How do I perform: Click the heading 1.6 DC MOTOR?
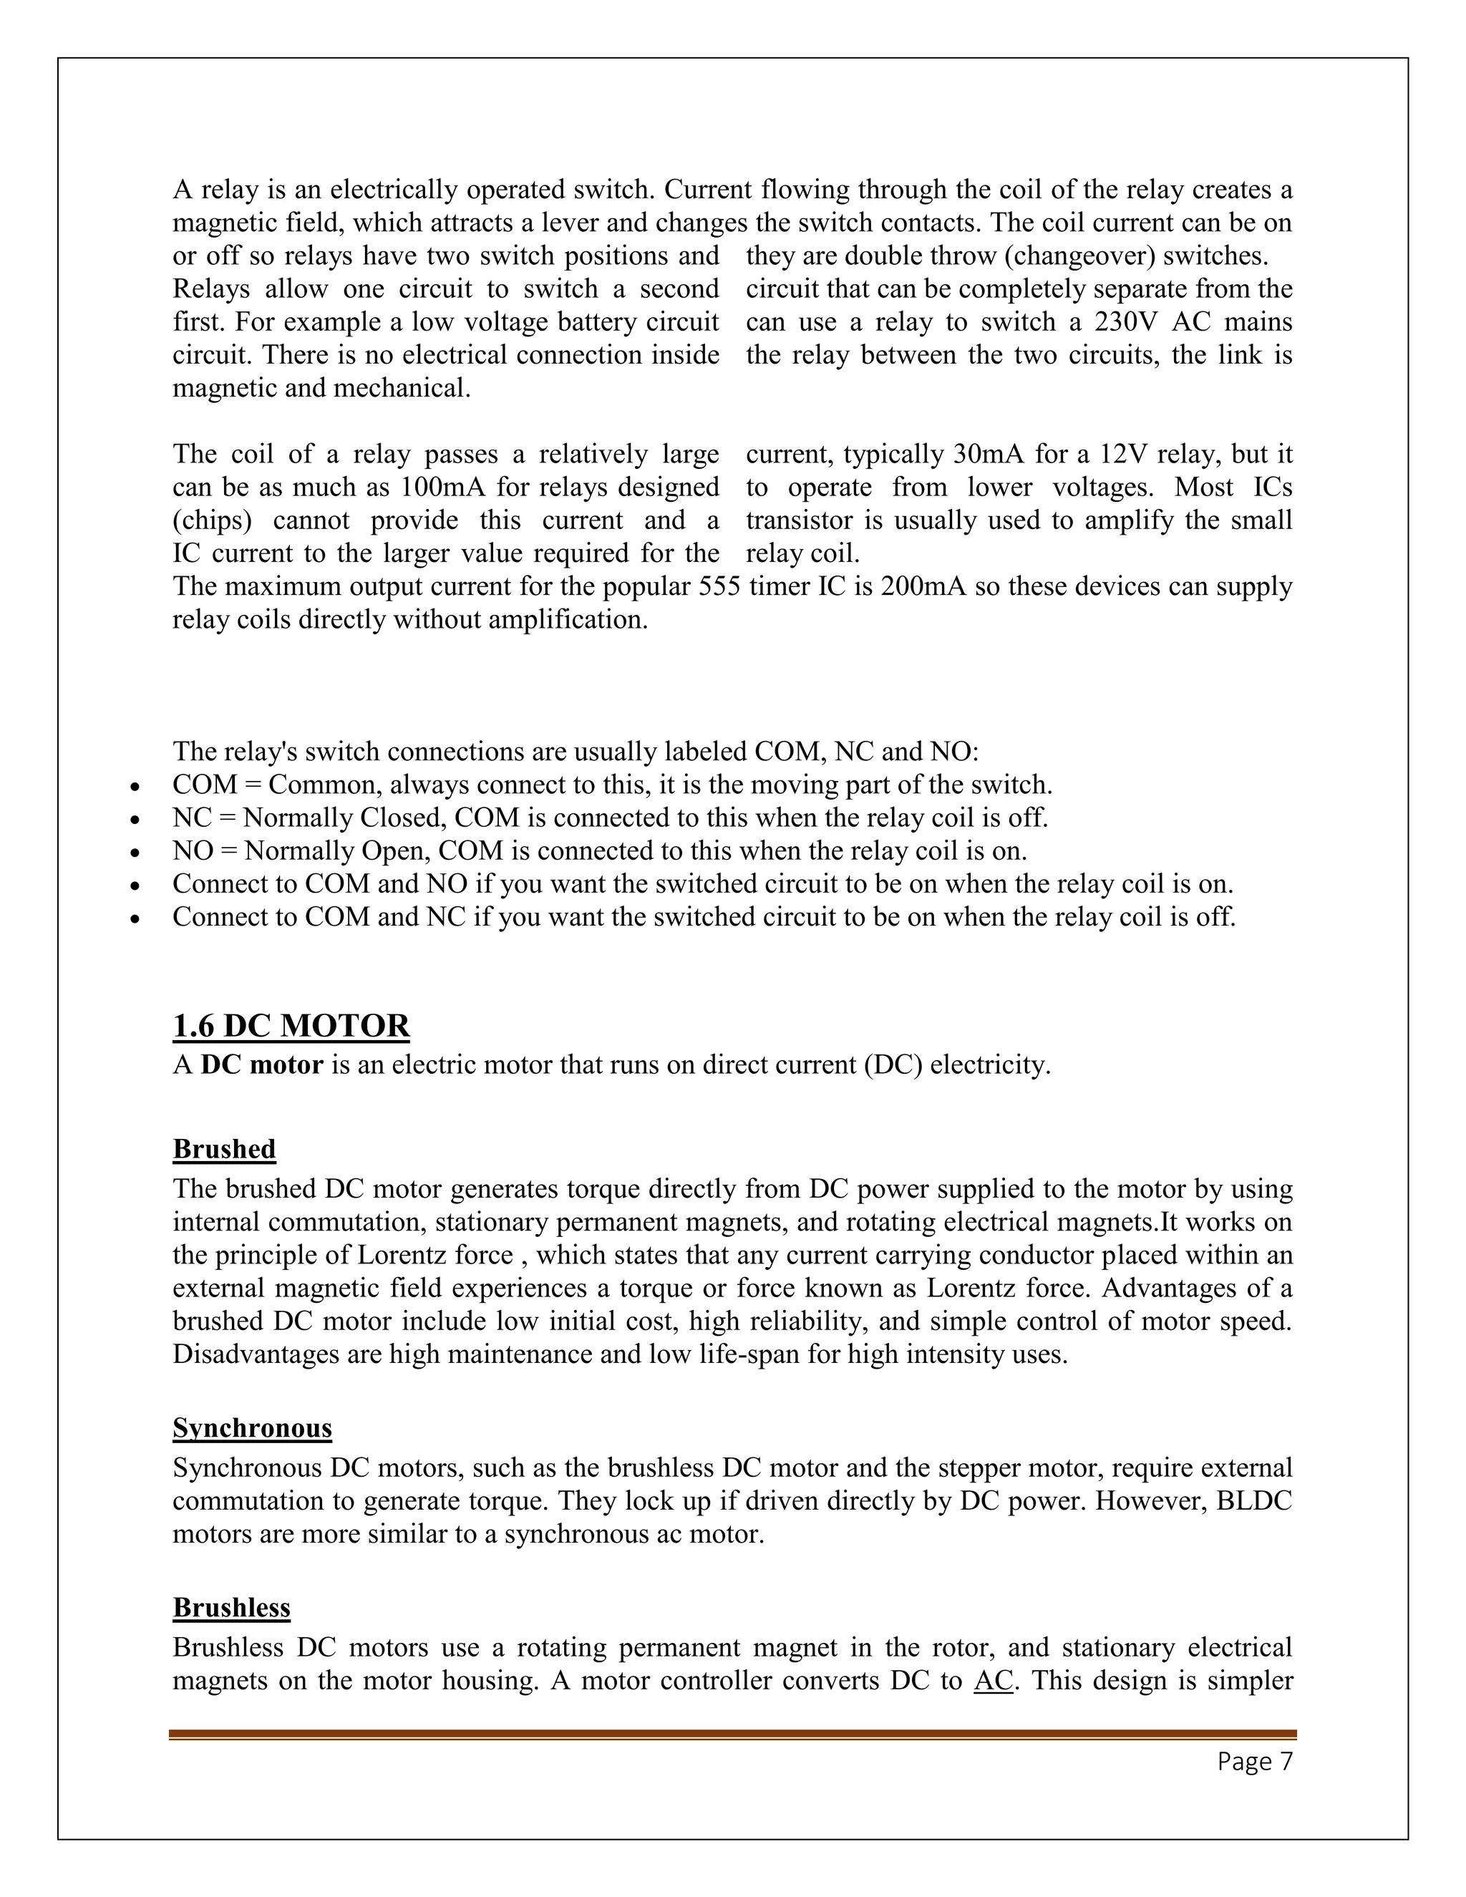point(291,1026)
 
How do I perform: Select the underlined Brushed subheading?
point(224,1149)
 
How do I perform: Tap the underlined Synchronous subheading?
point(252,1428)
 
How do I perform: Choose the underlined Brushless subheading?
point(231,1608)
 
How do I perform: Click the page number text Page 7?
point(1255,1762)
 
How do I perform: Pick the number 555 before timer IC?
point(719,586)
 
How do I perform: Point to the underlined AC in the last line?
point(994,1681)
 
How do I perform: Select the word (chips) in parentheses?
point(213,520)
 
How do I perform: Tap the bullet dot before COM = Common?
point(134,787)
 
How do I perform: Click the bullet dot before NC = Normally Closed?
point(134,820)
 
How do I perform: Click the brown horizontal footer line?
point(732,1735)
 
